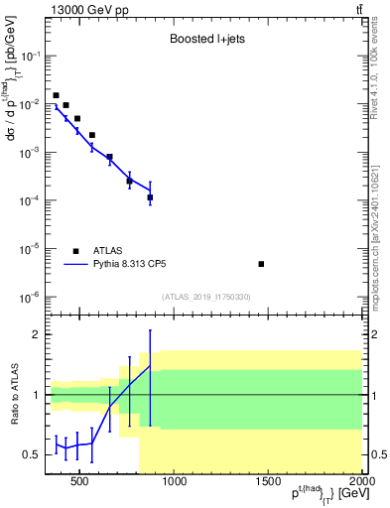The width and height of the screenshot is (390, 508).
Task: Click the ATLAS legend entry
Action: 108,251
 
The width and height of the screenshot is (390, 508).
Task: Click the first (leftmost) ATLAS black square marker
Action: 56,95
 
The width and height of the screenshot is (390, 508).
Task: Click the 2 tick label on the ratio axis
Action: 34,335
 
